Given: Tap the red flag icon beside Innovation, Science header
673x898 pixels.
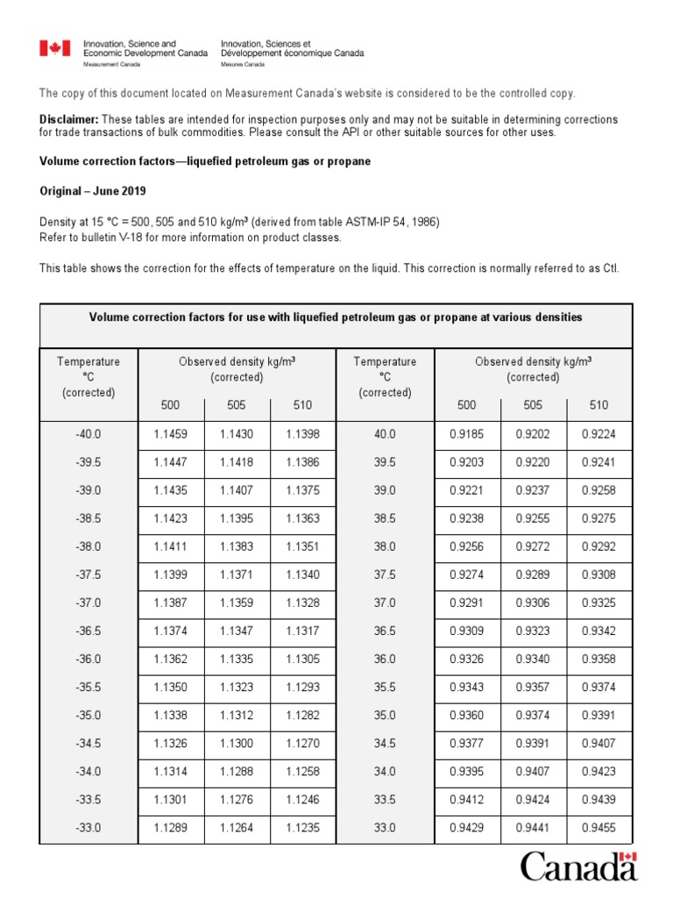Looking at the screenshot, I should pyautogui.click(x=54, y=49).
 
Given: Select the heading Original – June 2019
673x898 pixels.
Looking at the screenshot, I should pyautogui.click(x=93, y=191).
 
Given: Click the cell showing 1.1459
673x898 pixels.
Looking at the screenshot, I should pyautogui.click(x=171, y=434).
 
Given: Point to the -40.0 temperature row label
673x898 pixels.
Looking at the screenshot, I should pyautogui.click(x=88, y=434).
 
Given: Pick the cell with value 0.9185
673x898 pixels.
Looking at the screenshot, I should pyautogui.click(x=467, y=434).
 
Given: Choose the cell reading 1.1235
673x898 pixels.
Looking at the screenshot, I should pyautogui.click(x=302, y=827).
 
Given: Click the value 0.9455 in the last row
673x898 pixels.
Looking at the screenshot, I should pyautogui.click(x=599, y=827).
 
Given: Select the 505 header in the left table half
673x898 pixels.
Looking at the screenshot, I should pyautogui.click(x=237, y=405).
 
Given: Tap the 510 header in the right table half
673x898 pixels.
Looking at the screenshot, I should pyautogui.click(x=599, y=405).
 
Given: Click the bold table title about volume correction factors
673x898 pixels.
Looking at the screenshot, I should pyautogui.click(x=336, y=317).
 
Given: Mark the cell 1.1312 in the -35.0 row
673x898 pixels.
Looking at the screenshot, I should pyautogui.click(x=237, y=715).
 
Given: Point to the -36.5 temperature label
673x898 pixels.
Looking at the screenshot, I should pyautogui.click(x=88, y=631).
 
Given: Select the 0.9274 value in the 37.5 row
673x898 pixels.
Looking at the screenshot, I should pyautogui.click(x=467, y=574).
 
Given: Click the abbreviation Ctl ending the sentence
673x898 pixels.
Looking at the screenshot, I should pyautogui.click(x=610, y=268).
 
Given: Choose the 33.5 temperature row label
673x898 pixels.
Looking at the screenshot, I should pyautogui.click(x=385, y=799).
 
